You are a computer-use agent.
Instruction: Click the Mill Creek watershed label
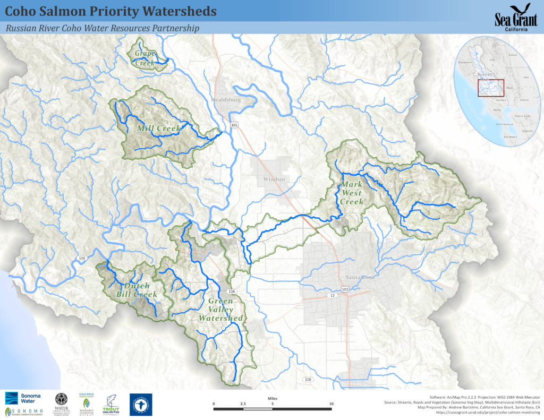(159, 128)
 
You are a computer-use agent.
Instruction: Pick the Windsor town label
(274, 179)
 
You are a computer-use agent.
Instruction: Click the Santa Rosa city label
(360, 277)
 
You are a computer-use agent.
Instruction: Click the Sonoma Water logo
(20, 398)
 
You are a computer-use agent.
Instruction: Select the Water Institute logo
(62, 405)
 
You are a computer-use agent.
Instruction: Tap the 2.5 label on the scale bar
(243, 404)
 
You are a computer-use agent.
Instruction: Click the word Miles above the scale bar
(272, 396)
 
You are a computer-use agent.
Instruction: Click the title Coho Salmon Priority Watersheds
(110, 11)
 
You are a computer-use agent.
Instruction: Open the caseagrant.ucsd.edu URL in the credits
(488, 413)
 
